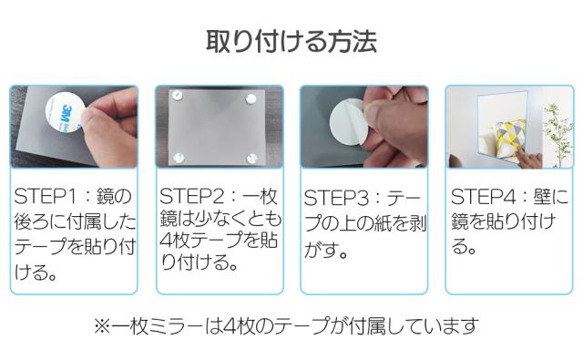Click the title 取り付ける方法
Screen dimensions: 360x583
291,41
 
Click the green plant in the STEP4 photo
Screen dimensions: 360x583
552,128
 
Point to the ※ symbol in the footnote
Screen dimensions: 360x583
102,324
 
